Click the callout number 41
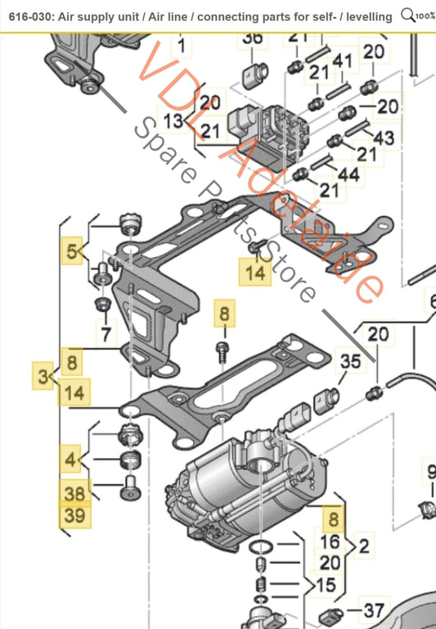click(342, 61)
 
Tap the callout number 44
click(348, 174)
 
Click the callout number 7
click(104, 333)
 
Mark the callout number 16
click(329, 541)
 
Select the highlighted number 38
click(74, 492)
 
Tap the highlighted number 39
click(74, 517)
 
